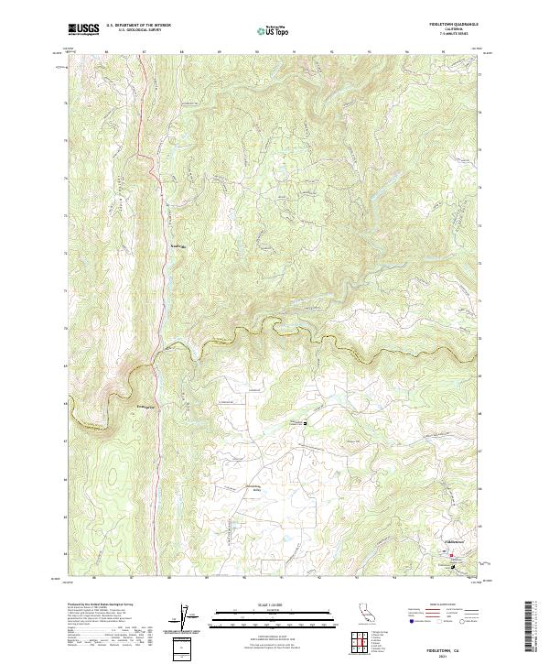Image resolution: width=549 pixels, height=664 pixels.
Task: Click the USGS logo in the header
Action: click(83, 30)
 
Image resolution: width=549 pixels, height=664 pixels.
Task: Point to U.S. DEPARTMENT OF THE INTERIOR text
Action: click(138, 26)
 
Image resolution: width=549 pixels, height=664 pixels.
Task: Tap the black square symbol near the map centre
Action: click(306, 422)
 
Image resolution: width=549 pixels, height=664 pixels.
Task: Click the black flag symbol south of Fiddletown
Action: click(448, 566)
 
